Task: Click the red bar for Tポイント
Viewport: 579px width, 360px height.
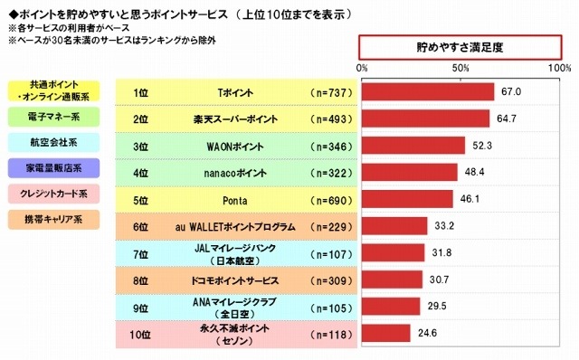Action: tap(428, 92)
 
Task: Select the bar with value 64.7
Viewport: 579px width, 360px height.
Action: tap(425, 118)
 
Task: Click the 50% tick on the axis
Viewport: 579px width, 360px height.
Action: tap(460, 68)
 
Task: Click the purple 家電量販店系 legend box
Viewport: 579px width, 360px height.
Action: tap(54, 167)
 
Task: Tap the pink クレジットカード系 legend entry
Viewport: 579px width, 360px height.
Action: tap(54, 193)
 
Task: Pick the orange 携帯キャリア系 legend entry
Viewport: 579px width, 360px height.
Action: tap(54, 218)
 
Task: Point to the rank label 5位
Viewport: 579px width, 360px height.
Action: tap(140, 199)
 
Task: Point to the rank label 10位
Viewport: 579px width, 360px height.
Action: tap(140, 333)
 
